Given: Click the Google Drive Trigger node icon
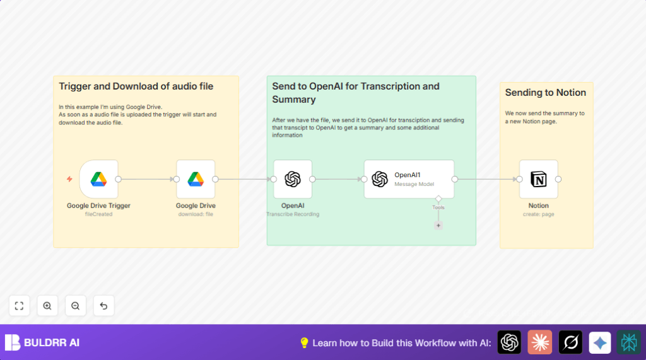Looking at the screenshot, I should [x=98, y=179].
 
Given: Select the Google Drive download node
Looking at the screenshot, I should [x=196, y=179].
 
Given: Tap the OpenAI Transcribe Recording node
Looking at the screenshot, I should [x=293, y=179].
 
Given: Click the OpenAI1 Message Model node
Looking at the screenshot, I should [x=409, y=179].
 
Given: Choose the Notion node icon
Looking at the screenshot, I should [x=539, y=179].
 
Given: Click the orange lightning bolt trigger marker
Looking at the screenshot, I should [x=69, y=179].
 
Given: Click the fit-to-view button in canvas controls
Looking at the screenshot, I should [x=19, y=306].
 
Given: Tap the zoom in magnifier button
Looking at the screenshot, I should [x=47, y=306].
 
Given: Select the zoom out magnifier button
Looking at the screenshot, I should [x=76, y=306].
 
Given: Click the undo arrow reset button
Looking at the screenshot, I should [x=104, y=306].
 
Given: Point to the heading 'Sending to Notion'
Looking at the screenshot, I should [x=545, y=93].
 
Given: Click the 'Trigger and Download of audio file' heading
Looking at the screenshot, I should [x=136, y=86].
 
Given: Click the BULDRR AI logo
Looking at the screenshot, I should [x=42, y=342].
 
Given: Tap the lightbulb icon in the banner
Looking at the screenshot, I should [x=304, y=342].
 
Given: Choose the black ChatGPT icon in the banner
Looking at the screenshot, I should [x=509, y=342].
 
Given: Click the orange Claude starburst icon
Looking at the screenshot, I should [x=539, y=342].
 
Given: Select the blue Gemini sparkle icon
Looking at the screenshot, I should [x=599, y=342].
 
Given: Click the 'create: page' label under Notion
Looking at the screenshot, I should [x=539, y=214].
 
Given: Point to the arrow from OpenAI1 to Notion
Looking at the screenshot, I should [x=486, y=179].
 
